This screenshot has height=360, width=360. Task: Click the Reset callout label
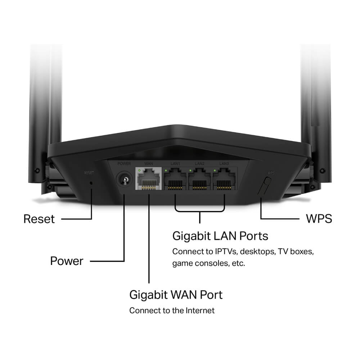pos(39,219)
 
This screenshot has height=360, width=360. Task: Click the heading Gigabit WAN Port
pos(176,294)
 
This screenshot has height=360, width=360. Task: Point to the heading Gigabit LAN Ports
pos(220,236)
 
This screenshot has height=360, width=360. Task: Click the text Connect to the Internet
pos(172,310)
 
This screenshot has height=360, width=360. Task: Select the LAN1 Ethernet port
pos(175,180)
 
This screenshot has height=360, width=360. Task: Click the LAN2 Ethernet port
pos(200,180)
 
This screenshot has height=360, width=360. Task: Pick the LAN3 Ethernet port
pos(224,180)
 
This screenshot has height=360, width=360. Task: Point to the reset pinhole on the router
pos(91,183)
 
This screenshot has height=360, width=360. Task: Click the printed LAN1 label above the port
pos(175,164)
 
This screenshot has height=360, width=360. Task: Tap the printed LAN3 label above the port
pos(224,164)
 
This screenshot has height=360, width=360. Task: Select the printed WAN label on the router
pos(148,164)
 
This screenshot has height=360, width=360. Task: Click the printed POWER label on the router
pos(124,164)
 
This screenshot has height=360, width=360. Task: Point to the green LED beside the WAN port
pos(139,170)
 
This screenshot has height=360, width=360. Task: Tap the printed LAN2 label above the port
pos(200,164)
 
